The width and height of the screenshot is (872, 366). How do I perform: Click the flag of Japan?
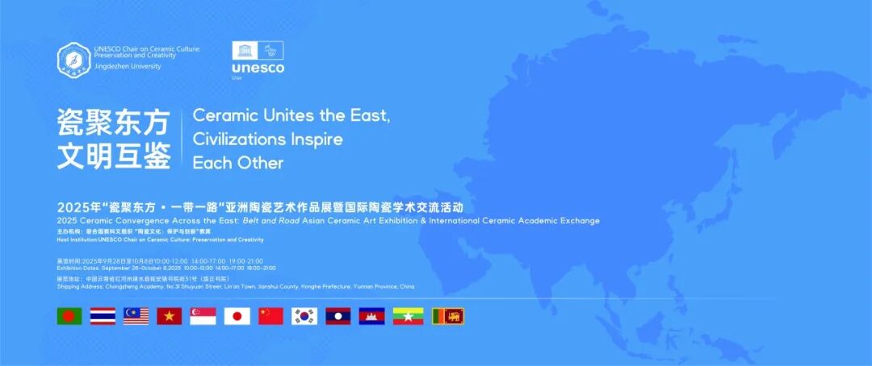pos(237,316)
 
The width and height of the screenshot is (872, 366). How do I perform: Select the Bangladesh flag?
pos(69,316)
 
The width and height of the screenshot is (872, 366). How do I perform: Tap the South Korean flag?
pos(304,316)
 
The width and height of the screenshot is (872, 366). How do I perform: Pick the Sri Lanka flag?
pos(448,316)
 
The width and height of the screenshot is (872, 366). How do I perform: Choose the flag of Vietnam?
pos(170,316)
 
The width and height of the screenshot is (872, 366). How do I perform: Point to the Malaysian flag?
pos(136,316)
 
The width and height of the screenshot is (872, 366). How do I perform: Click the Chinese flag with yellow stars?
pos(270,316)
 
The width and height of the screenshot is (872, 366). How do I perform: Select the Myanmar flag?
pos(409,316)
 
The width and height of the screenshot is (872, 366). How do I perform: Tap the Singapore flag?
pos(203,316)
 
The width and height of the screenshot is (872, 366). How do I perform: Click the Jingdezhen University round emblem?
pos(73,59)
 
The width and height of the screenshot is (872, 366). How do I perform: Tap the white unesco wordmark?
pos(258,69)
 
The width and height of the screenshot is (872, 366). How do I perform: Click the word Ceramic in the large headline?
pos(223,116)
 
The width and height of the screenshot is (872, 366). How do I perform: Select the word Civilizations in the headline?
pos(239,139)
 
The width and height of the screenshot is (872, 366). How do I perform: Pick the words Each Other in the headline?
pos(237,162)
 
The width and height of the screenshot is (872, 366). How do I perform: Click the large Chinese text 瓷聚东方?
pos(113,123)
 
